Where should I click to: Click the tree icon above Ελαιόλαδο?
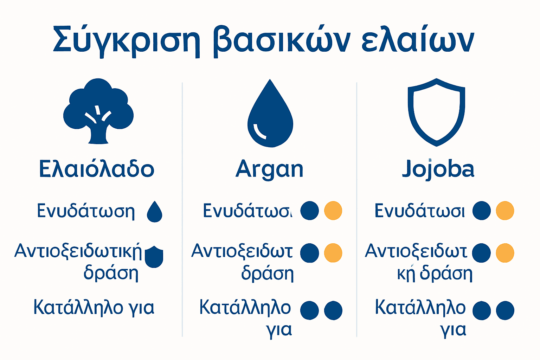98,111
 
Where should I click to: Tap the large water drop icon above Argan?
270,114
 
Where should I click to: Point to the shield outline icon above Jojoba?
436,112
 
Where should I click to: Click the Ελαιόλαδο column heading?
97,169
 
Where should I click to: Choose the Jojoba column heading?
438,169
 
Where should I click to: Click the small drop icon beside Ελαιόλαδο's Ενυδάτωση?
154,212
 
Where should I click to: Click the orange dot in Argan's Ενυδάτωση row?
333,211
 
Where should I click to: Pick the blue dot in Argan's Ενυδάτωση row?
309,211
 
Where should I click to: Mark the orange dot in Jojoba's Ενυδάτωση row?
505,211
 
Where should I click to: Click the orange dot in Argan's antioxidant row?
333,253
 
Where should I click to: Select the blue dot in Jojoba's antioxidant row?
481,253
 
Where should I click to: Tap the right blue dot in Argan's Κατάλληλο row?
333,310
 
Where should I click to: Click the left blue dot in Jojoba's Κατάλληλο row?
481,310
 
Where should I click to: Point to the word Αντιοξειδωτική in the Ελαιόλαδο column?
78,251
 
